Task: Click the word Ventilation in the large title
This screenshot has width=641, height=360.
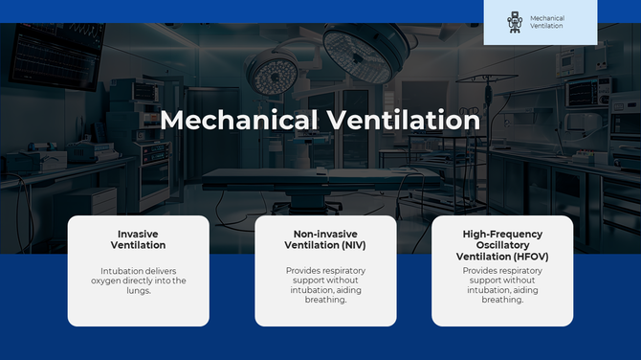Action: (401, 121)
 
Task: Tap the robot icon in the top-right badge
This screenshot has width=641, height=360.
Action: (516, 22)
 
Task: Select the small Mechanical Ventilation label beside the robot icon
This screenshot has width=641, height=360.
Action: (546, 22)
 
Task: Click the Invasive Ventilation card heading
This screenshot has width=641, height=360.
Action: (138, 239)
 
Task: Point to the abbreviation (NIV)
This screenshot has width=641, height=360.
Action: (357, 245)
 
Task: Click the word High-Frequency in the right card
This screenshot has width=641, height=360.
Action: (502, 234)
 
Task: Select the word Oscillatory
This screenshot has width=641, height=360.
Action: (502, 245)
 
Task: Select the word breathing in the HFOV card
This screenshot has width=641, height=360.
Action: (502, 300)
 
